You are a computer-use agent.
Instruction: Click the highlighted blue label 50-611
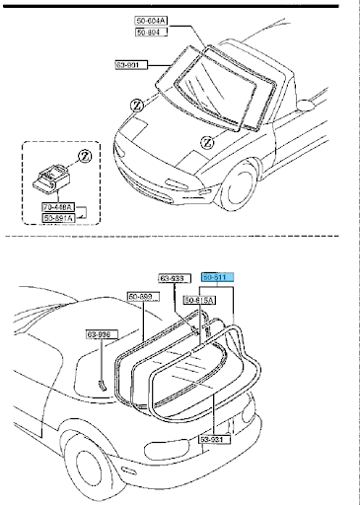pos(215,278)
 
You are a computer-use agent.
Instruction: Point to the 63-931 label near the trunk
pos(216,439)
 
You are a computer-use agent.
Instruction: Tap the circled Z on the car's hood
pos(205,142)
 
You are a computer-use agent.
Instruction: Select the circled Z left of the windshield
pos(136,103)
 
